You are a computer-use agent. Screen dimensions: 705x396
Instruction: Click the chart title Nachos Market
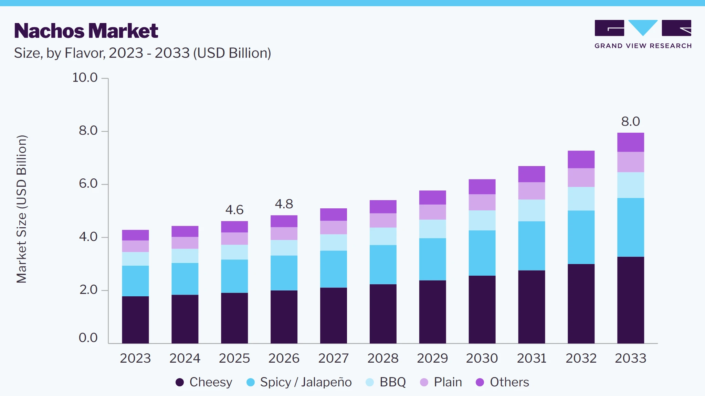tap(86, 31)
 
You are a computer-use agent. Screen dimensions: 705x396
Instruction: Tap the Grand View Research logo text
tap(643, 46)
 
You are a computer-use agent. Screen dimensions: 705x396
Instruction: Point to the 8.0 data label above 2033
tap(630, 121)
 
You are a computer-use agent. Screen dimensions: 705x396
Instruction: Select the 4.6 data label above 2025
tap(234, 210)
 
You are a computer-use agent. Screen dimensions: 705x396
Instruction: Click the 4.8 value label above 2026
tap(284, 204)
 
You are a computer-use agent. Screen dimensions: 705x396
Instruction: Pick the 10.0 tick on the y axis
tap(85, 77)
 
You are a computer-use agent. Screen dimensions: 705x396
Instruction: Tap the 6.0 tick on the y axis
tap(88, 184)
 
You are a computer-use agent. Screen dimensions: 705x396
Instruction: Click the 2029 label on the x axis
tap(432, 358)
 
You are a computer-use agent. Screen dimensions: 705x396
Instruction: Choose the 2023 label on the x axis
tap(135, 358)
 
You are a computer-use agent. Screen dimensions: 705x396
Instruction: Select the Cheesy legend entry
tap(204, 382)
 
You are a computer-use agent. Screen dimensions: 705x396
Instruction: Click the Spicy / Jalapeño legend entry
tap(299, 382)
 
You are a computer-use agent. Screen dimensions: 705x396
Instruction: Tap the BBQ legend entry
tap(386, 382)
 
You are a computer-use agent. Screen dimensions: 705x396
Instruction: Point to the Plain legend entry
tap(441, 382)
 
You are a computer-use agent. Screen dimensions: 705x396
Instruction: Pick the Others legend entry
tap(502, 382)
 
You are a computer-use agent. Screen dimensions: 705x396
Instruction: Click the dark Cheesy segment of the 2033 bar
tap(631, 300)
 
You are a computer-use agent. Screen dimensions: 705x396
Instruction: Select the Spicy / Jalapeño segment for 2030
tap(482, 253)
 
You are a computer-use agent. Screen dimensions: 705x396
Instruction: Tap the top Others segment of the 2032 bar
tap(581, 159)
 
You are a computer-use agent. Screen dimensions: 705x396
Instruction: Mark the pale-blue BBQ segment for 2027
tap(334, 242)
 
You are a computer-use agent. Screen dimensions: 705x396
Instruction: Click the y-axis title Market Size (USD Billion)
tap(21, 209)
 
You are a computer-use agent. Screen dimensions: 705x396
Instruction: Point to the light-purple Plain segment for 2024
tap(185, 243)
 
